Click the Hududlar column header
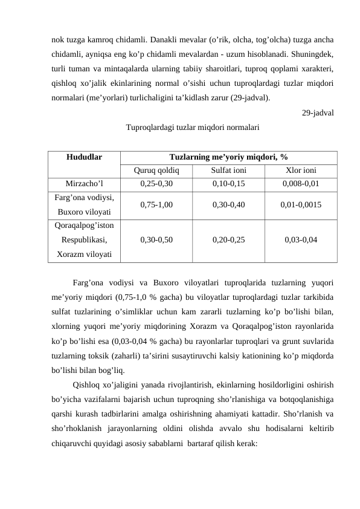[x=84, y=156]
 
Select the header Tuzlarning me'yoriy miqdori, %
[x=228, y=156]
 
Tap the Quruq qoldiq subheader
[x=156, y=170]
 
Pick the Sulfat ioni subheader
[x=228, y=170]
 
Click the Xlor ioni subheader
[x=300, y=170]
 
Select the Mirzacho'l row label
[x=84, y=184]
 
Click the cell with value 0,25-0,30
[x=156, y=184]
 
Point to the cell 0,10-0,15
[x=228, y=184]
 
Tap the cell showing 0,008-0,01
[x=300, y=184]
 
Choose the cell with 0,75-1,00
[x=156, y=205]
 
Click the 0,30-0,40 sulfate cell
[x=228, y=205]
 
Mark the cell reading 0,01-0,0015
[x=300, y=205]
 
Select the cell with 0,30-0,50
[x=156, y=239]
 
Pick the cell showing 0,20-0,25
[x=228, y=239]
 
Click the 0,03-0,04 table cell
[x=300, y=239]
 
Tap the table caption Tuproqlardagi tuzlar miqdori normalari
[x=193, y=128]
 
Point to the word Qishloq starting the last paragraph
[x=86, y=385]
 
